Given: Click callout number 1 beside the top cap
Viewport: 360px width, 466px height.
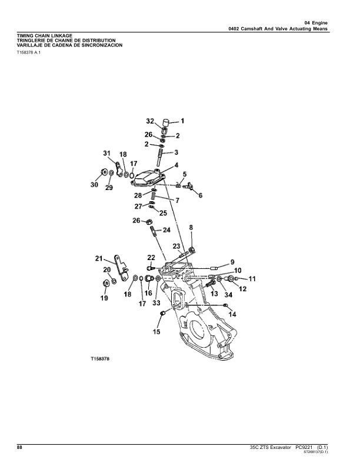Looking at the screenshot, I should [182, 121].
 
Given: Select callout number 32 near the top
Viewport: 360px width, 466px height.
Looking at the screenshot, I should [151, 121].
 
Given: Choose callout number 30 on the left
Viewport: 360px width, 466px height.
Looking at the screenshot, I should [94, 185].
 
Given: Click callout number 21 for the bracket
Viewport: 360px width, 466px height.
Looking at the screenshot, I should [99, 258].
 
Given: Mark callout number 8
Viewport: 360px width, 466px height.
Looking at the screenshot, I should [191, 227].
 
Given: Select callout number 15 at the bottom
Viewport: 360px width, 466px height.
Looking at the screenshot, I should [156, 332].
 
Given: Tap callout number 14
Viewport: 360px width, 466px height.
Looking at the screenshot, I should [232, 315].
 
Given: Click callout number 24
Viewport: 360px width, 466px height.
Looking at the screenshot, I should [166, 229].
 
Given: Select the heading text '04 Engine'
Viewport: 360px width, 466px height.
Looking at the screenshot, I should [316, 22].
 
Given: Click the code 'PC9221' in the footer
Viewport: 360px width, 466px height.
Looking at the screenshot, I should [300, 448].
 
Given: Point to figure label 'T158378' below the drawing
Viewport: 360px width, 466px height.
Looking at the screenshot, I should [101, 358].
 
